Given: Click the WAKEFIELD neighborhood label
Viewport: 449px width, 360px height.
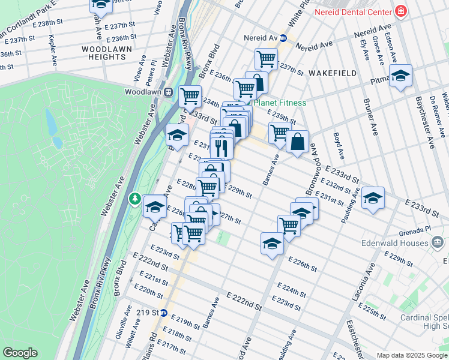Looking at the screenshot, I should [x=333, y=73].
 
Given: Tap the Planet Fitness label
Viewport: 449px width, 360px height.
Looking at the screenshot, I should [x=279, y=103].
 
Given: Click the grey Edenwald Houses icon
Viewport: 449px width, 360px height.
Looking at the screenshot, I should [x=438, y=242].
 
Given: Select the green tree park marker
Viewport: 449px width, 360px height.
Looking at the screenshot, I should [x=136, y=198].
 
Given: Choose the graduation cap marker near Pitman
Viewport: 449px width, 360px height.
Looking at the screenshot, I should [x=400, y=76].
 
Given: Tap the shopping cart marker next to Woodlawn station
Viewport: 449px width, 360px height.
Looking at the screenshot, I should [x=190, y=95].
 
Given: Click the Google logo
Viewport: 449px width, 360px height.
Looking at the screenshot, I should [x=20, y=353].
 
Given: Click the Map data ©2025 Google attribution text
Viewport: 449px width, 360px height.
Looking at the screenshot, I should [x=411, y=355].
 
